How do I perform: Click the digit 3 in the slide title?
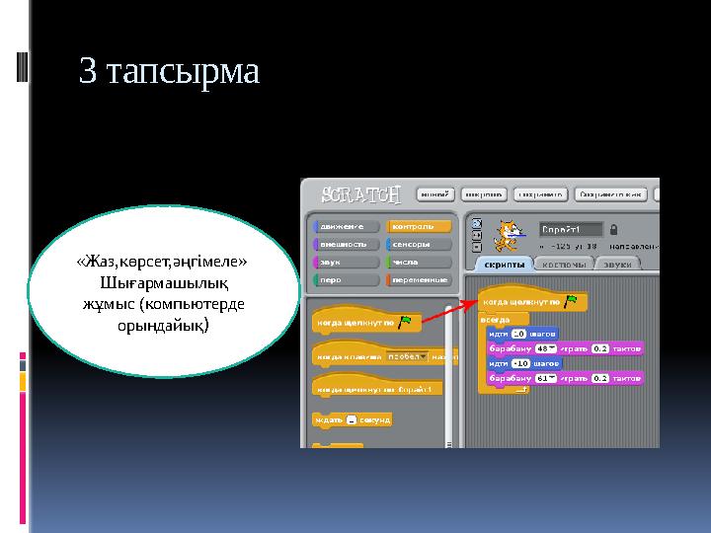point(88,72)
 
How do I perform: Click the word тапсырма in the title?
point(183,74)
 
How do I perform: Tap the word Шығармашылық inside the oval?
point(163,282)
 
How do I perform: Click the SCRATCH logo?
point(355,192)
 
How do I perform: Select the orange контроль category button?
point(419,226)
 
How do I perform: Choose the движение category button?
point(345,226)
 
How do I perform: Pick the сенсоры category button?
point(419,244)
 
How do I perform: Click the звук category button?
point(345,262)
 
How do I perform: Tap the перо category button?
point(345,279)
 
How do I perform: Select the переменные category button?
point(419,279)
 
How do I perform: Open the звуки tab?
point(618,264)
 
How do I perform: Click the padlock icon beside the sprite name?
point(613,228)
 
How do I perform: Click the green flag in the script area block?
point(570,301)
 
